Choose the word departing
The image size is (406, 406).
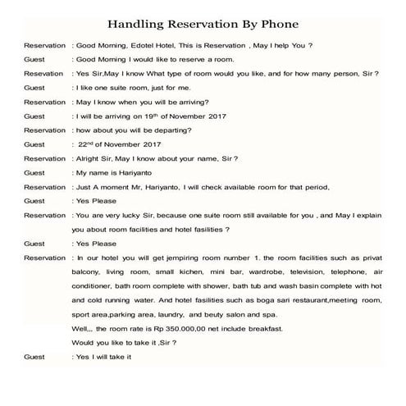click(x=185, y=130)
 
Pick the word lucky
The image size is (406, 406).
click(x=136, y=215)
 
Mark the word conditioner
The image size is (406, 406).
click(x=96, y=286)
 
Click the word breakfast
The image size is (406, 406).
click(x=267, y=328)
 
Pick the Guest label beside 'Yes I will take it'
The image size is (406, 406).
click(x=34, y=357)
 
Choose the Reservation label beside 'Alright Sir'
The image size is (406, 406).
click(x=45, y=158)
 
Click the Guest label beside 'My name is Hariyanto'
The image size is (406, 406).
click(x=34, y=173)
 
